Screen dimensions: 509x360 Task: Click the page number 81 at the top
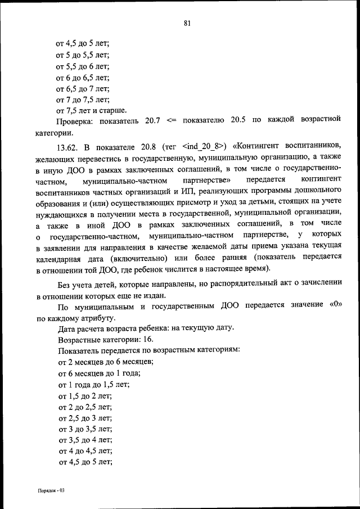pos(187,23)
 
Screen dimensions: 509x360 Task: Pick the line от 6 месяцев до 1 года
pos(98,373)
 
